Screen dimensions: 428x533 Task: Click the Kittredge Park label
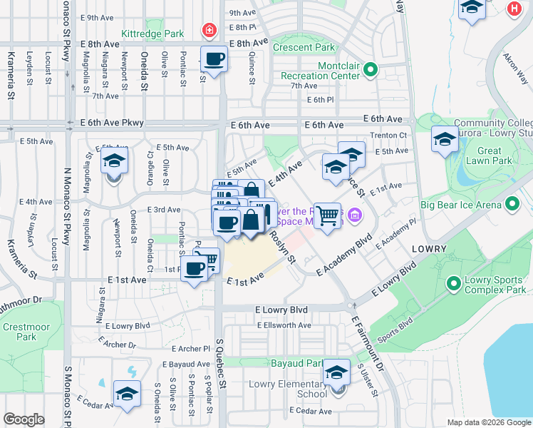point(153,34)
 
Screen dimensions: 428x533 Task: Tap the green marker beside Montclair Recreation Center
point(371,69)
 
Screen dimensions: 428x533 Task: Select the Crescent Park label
point(304,48)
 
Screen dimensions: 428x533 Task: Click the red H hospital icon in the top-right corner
point(513,9)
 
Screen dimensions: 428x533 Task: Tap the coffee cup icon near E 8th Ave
point(214,58)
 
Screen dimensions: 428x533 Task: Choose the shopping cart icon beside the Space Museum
point(327,215)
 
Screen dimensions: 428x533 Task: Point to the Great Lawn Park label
point(489,156)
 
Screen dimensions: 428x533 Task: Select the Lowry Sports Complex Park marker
point(453,284)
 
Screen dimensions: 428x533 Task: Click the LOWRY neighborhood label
point(429,249)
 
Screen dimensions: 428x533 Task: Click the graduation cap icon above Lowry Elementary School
point(336,372)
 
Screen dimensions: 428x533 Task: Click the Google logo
point(24,419)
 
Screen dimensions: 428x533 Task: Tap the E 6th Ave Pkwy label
point(112,123)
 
